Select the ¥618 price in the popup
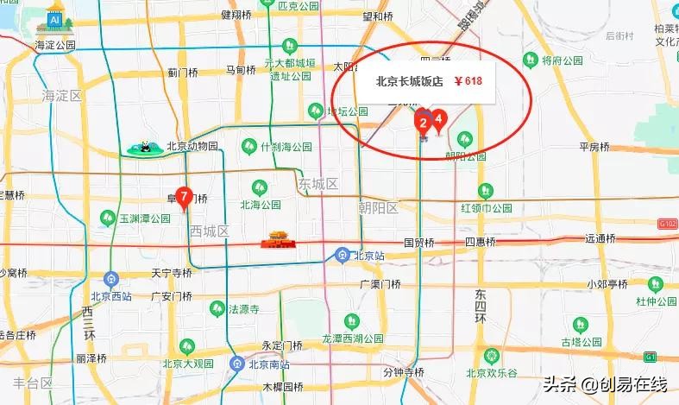[468, 82]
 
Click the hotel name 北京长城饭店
[409, 82]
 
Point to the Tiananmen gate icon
[277, 237]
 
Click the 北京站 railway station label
[368, 255]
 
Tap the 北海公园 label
[261, 206]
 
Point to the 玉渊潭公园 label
[145, 219]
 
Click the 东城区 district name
[318, 185]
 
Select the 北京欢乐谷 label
[491, 372]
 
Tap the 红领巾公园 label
[487, 208]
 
